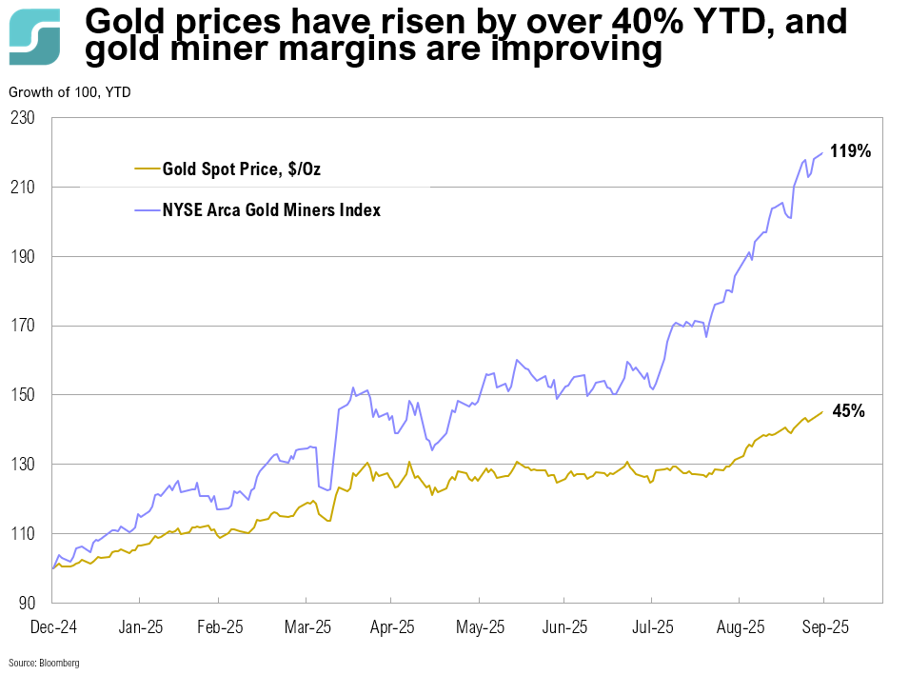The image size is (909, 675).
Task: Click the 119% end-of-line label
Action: (849, 150)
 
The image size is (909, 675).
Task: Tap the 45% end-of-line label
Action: (848, 411)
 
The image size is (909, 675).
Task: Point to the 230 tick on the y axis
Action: (22, 118)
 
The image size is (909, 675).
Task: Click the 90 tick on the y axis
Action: (26, 603)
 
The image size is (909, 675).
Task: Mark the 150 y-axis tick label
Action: (22, 395)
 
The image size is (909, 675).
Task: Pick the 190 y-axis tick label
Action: (22, 257)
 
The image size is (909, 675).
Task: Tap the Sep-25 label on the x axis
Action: (824, 627)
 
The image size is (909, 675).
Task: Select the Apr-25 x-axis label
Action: (391, 627)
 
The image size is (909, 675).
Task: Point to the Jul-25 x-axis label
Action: (652, 627)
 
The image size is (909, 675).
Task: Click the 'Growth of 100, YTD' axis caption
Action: (69, 92)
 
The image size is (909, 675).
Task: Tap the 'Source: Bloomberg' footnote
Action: (44, 662)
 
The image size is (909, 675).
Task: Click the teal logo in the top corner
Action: (34, 37)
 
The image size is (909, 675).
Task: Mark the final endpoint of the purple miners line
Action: (822, 153)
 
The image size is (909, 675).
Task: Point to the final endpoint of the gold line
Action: (822, 411)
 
